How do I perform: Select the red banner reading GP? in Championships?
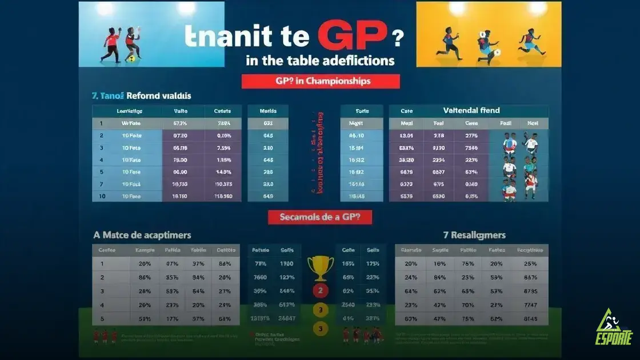321,81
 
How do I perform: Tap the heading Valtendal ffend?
471,110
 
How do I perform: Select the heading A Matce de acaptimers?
142,235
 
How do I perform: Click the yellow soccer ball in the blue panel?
131,58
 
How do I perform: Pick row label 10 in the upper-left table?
101,195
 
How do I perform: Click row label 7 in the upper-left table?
101,184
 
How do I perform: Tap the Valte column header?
181,111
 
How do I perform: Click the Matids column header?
267,111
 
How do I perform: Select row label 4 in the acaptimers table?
102,305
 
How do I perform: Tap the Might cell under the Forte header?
356,123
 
